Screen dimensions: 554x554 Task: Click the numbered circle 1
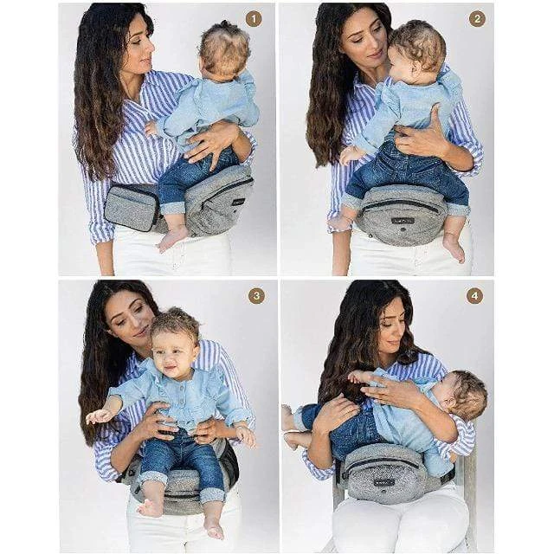click(x=254, y=18)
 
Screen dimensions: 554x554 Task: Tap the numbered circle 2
click(x=476, y=18)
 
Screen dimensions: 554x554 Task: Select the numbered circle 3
click(x=256, y=295)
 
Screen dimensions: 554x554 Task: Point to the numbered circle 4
click(x=474, y=295)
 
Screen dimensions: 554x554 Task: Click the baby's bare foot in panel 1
click(x=171, y=238)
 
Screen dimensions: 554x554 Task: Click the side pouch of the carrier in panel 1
click(x=132, y=207)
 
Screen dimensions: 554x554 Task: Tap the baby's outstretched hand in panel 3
click(x=97, y=415)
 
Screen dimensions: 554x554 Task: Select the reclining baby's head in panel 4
click(x=463, y=396)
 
